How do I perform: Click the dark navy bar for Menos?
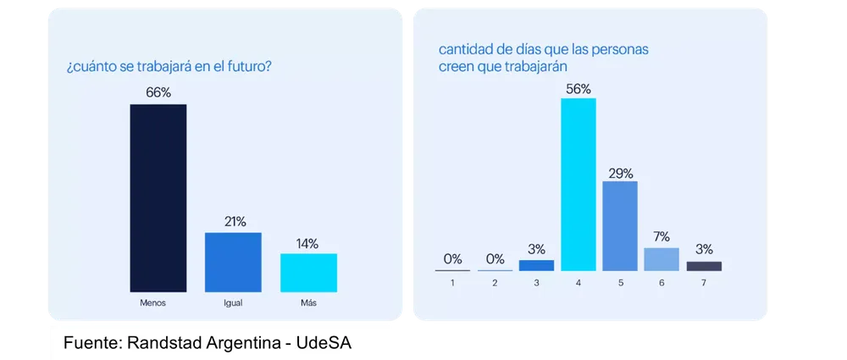158,197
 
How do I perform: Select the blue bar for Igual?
233,262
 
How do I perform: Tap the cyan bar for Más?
308,272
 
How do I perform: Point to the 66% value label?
158,92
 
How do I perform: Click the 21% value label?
234,221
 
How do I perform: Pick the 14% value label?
307,243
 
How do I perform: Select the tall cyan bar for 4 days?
579,184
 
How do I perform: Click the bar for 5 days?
620,225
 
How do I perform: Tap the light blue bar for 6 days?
662,258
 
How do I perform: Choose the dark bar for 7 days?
704,266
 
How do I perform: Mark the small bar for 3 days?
536,265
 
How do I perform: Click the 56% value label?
579,88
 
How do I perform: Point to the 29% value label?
620,173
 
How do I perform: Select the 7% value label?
662,238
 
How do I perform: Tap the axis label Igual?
233,302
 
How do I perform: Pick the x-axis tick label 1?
452,283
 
